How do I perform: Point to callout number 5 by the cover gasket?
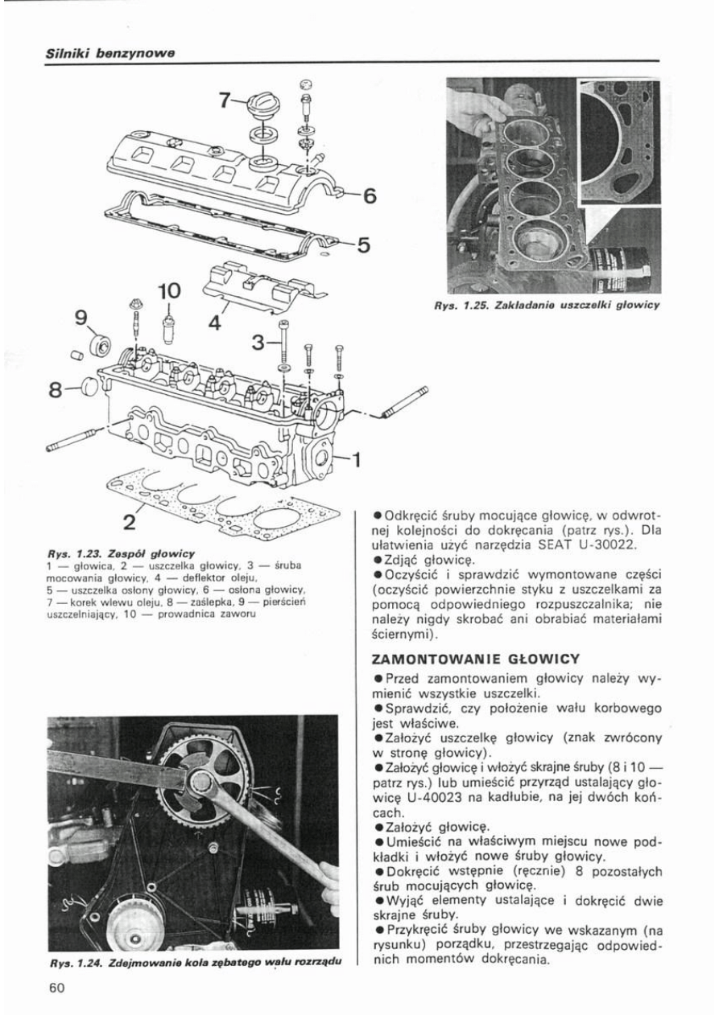(x=363, y=245)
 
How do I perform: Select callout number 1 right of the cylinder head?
(x=356, y=460)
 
